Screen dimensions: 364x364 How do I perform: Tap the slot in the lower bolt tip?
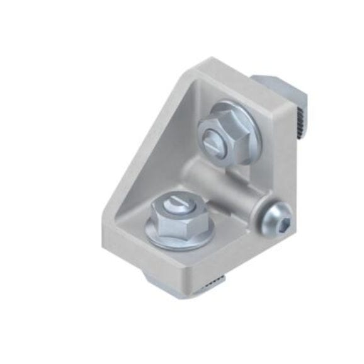tap(177, 202)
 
